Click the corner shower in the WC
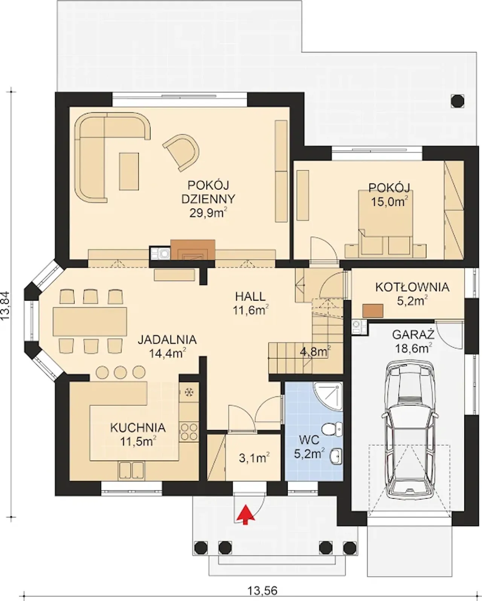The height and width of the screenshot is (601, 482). (328, 396)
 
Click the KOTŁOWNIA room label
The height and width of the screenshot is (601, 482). (412, 287)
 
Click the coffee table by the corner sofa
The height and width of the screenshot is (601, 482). (129, 171)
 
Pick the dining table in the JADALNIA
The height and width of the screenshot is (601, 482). (90, 321)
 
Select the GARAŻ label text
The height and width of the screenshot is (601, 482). (413, 335)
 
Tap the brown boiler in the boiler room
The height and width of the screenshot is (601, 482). (373, 311)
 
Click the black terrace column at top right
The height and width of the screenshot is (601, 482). (458, 100)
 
